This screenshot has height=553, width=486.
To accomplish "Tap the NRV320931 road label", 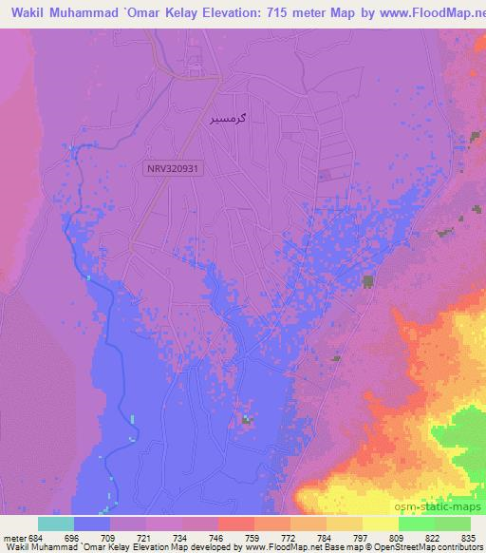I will (172, 168).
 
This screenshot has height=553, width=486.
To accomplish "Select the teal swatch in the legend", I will (55, 524).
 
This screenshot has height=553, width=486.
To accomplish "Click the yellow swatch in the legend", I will (380, 524).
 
